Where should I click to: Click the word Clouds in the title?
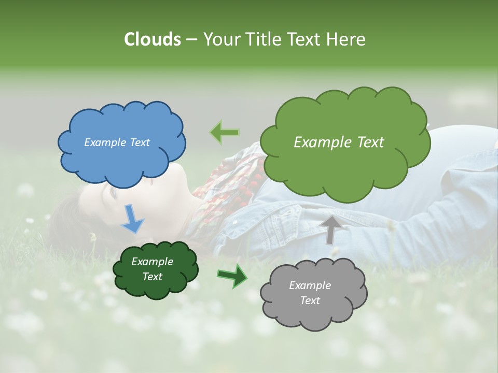152,39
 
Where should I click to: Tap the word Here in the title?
347,39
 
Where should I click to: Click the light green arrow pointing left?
225,133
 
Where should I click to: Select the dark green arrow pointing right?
232,275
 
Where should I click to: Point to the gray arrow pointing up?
330,229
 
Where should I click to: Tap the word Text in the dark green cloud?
153,277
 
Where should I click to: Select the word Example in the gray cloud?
310,285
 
